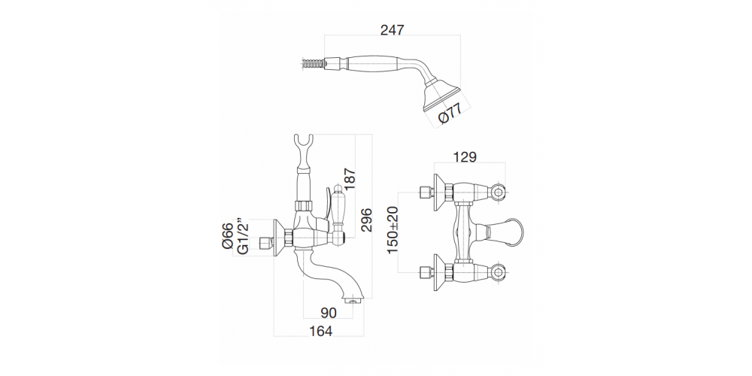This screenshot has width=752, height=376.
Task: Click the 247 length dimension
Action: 393,30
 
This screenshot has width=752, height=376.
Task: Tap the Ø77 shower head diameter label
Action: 450,114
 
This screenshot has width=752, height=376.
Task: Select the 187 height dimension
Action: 350,180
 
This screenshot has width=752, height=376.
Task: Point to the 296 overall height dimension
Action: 366,220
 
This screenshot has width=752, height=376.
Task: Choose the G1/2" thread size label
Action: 243,237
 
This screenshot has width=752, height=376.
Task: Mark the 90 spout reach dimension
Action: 329,313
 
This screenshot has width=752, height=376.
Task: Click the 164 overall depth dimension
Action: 320,330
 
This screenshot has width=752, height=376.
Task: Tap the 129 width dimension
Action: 464,157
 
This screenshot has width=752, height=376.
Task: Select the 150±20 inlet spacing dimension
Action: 393,231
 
